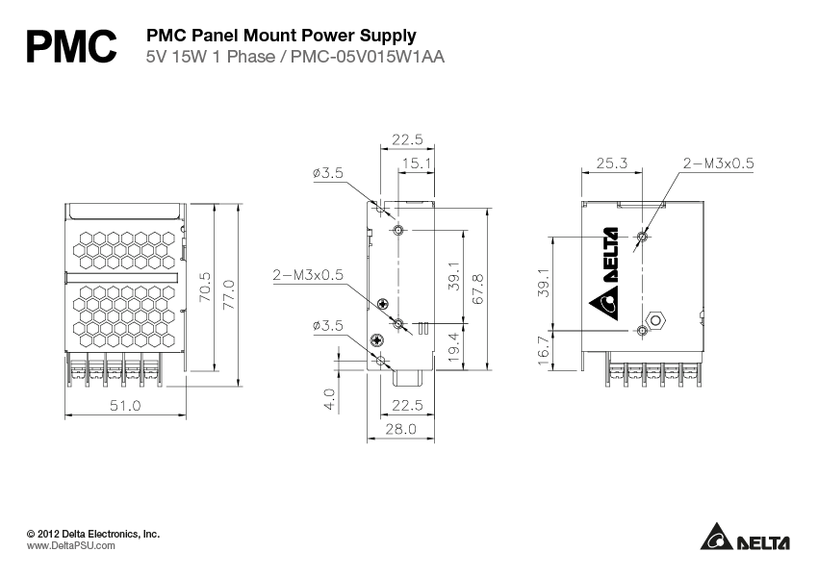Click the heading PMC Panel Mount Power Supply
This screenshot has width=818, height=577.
tap(280, 36)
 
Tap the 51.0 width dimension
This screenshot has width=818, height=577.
tap(124, 406)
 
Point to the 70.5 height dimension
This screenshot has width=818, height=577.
tap(203, 288)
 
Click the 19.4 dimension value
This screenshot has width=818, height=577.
tap(452, 342)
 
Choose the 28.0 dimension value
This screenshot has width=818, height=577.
tap(399, 430)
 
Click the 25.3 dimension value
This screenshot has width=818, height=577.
tap(612, 163)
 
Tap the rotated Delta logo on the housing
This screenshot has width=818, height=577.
tap(608, 273)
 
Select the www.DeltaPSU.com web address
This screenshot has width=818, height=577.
tap(70, 544)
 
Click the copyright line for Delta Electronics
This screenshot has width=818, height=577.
tap(92, 532)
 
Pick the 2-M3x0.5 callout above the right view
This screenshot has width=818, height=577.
tap(718, 163)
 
